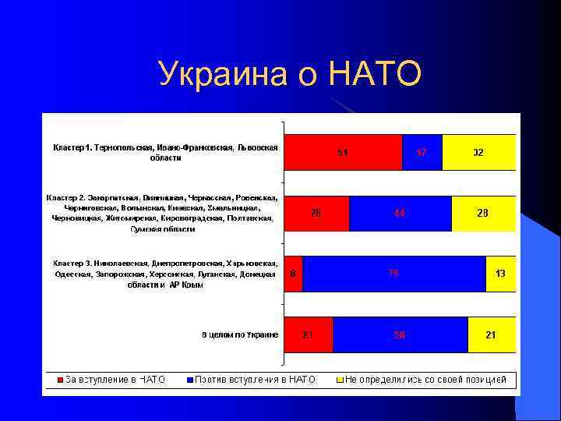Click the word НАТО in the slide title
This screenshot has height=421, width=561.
[x=376, y=75]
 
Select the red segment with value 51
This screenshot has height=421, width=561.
[x=343, y=152]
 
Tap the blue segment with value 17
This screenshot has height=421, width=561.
[x=422, y=152]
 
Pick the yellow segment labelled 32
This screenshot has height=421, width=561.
[x=478, y=152]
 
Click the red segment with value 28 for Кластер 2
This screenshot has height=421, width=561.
[x=316, y=213]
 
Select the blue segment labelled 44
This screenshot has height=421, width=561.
[x=400, y=213]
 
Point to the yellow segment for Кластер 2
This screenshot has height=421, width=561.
[x=483, y=213]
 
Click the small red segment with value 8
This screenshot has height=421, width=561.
[x=293, y=274]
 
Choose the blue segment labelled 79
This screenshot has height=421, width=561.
[x=393, y=274]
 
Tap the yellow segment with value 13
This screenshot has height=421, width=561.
[x=500, y=274]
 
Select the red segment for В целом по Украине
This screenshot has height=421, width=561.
[x=308, y=334]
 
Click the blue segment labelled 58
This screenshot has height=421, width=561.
[x=400, y=334]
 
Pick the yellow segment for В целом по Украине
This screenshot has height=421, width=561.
[x=491, y=334]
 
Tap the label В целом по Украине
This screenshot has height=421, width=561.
[x=240, y=334]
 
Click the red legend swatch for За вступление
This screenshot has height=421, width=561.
[x=60, y=380]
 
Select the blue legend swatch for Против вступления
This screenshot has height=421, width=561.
[x=189, y=380]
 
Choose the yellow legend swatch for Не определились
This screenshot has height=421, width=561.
[x=339, y=380]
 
